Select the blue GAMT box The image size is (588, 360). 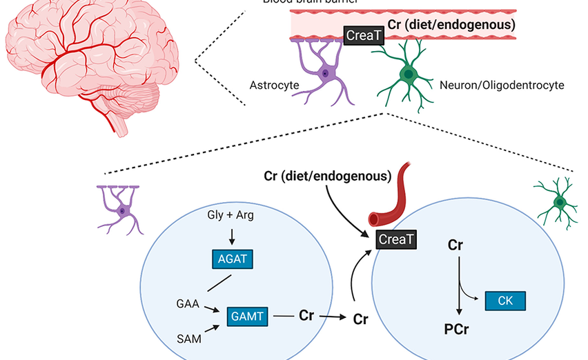tap(246, 317)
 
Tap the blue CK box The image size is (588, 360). tap(505, 301)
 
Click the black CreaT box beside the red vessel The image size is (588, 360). tap(395, 239)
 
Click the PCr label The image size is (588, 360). tap(456, 329)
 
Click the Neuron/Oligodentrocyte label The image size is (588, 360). tap(502, 86)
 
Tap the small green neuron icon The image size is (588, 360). tap(560, 201)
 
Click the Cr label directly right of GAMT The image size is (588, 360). tap(306, 316)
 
